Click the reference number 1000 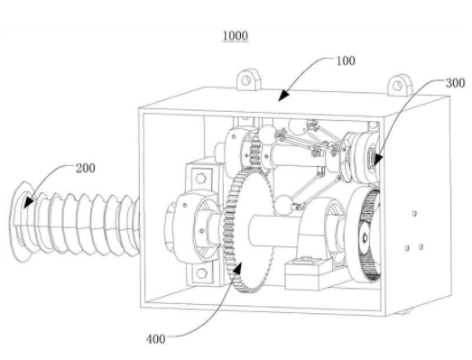coord(236,35)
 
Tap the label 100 coord(346,60)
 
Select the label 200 coord(86,168)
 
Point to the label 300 coord(455,83)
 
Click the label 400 coord(156,339)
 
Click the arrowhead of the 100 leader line coord(283,96)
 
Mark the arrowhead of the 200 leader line coord(28,201)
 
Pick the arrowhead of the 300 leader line coord(377,160)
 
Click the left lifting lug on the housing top coord(248,79)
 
